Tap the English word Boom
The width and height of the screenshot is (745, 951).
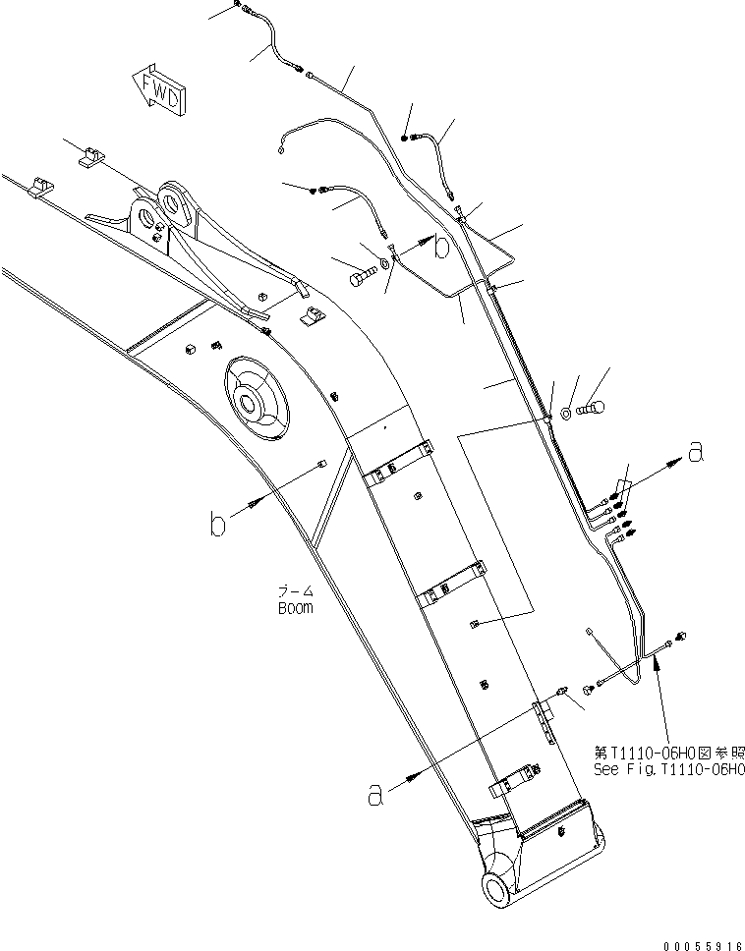click(294, 607)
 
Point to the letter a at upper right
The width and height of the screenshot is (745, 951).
click(696, 452)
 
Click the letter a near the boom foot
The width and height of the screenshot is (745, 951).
click(373, 795)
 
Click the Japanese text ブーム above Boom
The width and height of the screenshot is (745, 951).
click(294, 592)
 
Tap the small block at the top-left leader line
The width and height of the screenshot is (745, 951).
click(90, 155)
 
